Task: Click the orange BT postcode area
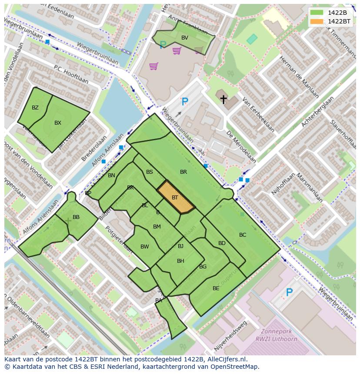click(175, 198)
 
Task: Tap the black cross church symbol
click(223, 99)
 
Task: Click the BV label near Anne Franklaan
click(185, 38)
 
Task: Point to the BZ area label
click(35, 108)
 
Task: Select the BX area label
click(58, 123)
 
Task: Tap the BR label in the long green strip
click(183, 172)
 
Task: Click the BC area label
click(243, 235)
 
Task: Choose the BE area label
click(216, 288)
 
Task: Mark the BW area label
click(145, 247)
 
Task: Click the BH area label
click(180, 261)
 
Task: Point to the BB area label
click(76, 217)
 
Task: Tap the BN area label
click(112, 175)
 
